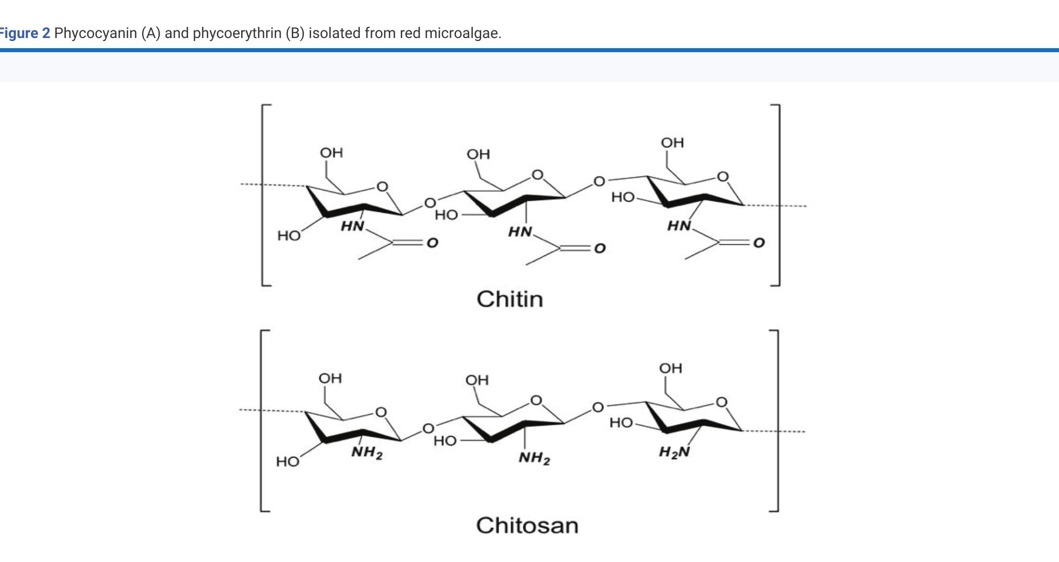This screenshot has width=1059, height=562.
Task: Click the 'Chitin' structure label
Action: pyautogui.click(x=510, y=299)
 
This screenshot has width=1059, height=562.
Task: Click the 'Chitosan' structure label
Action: pyautogui.click(x=527, y=526)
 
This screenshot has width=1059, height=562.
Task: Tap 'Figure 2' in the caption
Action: pyautogui.click(x=24, y=33)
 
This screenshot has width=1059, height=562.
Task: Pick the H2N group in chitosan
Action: pyautogui.click(x=674, y=452)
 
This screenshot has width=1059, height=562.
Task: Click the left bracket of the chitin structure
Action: pyautogui.click(x=263, y=195)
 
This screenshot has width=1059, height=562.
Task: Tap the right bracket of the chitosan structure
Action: pyautogui.click(x=775, y=421)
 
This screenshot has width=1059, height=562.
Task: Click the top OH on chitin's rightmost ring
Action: pyautogui.click(x=672, y=142)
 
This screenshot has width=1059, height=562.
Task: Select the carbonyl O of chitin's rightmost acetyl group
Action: pyautogui.click(x=759, y=243)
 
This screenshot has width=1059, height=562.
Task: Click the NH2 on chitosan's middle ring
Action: pyautogui.click(x=534, y=459)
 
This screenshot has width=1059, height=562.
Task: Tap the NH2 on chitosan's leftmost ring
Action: pyautogui.click(x=367, y=453)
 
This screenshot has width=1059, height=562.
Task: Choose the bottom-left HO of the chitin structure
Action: pyautogui.click(x=289, y=236)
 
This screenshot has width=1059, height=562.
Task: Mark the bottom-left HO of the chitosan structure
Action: pyautogui.click(x=287, y=462)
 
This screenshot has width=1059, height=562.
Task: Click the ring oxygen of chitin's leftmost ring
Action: pyautogui.click(x=383, y=187)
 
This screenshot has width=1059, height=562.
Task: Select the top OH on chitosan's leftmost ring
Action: pyautogui.click(x=330, y=379)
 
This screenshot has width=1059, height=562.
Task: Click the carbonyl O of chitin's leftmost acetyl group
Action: pyautogui.click(x=432, y=243)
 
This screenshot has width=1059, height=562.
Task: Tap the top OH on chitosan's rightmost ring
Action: pyautogui.click(x=671, y=368)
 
